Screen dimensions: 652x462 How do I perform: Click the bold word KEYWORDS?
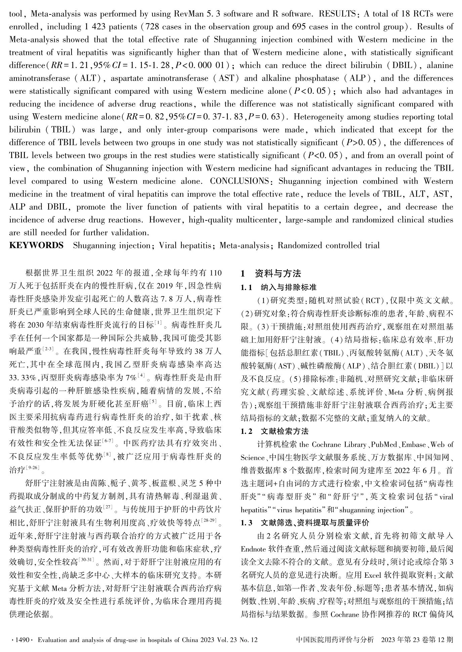coord(36,245)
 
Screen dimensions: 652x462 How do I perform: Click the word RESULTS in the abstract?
coord(338,14)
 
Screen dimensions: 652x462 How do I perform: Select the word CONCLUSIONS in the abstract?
coord(239,181)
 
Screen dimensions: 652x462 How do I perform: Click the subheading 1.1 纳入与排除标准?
coord(279,287)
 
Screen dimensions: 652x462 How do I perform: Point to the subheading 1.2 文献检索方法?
coord(275,431)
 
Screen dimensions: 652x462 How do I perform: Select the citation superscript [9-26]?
coord(34,467)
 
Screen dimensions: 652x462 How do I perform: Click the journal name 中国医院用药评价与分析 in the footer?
coord(335,640)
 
